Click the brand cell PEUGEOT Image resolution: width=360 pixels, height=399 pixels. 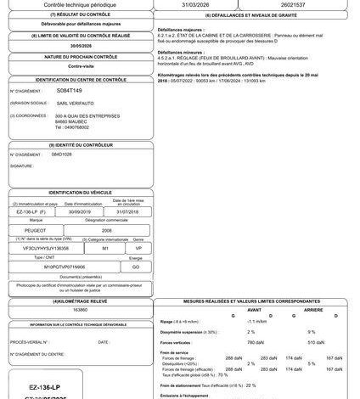(x=37, y=230)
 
